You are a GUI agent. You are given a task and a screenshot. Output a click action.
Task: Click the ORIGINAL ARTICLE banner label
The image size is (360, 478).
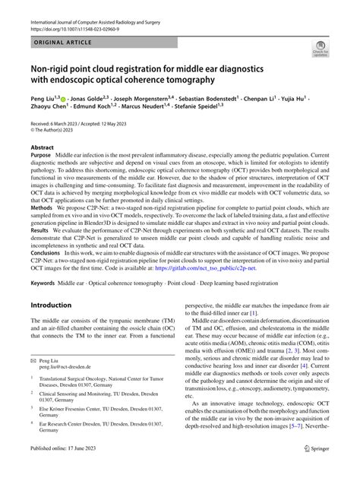click(64, 45)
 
